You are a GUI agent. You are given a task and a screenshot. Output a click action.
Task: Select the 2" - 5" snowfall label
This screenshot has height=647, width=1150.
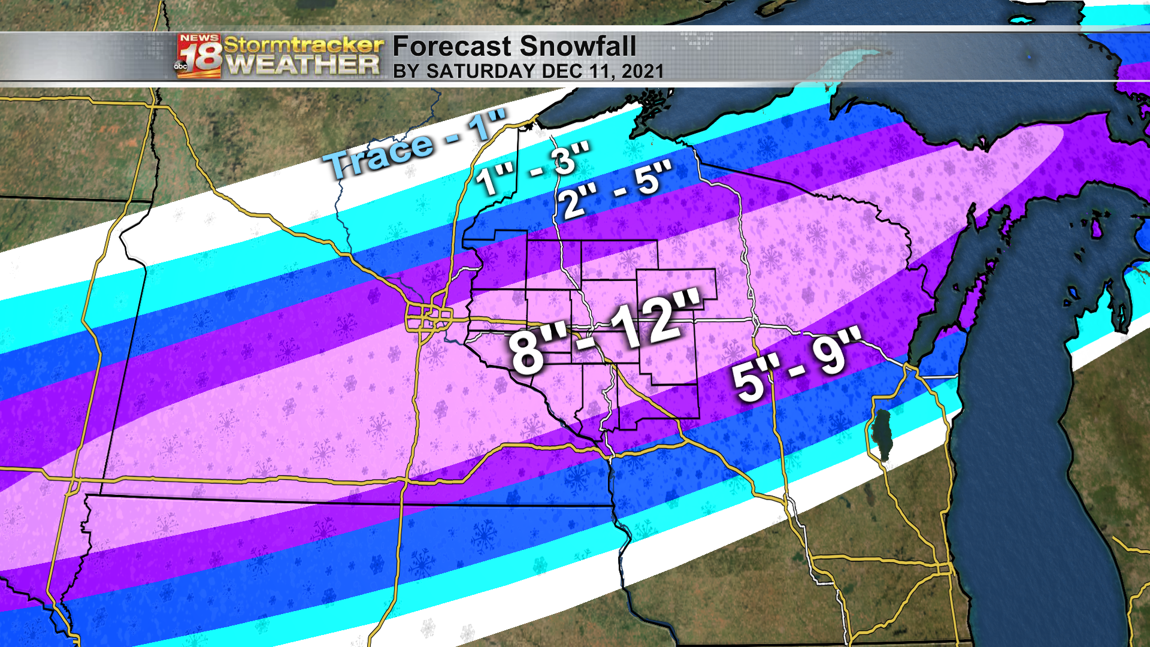coord(617,191)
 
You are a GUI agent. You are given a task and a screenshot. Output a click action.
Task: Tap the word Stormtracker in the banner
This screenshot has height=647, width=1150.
coord(303,44)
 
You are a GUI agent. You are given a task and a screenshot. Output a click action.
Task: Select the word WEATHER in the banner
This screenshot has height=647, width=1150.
coord(303,65)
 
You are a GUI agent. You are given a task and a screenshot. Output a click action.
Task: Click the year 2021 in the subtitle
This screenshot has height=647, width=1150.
coord(642,72)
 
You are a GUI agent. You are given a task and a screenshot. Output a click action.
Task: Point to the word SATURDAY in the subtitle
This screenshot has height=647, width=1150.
coord(480,72)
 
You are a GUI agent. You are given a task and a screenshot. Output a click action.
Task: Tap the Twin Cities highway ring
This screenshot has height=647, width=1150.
coord(428,317)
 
